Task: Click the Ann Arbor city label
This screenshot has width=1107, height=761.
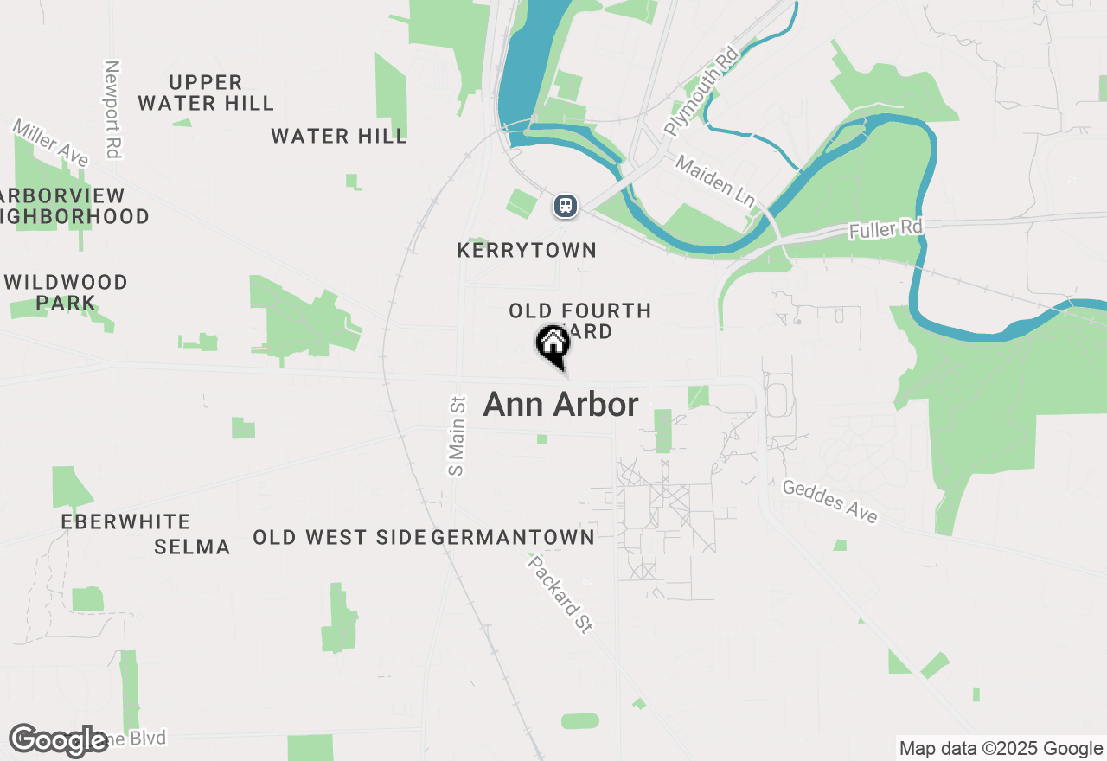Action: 560,405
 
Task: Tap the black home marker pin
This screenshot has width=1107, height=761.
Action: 553,345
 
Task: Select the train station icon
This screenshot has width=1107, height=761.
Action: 565,206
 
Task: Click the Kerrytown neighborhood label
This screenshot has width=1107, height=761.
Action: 527,251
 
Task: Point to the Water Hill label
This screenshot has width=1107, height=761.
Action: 339,136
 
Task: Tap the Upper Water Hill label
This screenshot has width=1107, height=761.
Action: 206,93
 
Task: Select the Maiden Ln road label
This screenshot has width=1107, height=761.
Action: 715,181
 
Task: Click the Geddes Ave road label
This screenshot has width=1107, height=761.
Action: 829,502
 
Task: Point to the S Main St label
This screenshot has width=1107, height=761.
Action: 457,435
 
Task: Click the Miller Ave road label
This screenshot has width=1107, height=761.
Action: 50,144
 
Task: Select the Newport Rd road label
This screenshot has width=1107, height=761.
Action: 111,109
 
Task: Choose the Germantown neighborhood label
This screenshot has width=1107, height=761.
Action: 513,538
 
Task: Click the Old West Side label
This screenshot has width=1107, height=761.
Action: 339,538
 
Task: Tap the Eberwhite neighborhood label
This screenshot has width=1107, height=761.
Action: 125,521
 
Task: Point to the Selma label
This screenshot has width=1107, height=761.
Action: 192,547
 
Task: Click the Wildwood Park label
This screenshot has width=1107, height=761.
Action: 66,292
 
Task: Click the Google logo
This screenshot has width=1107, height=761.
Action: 59,740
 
